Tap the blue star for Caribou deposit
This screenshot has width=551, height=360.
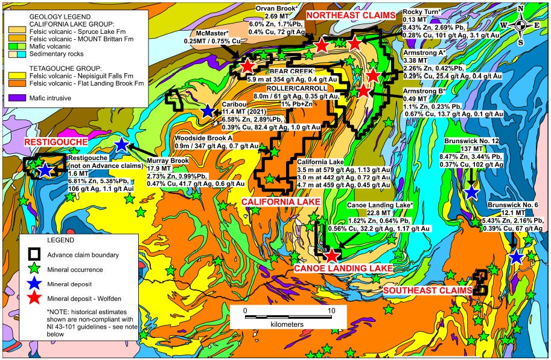click(x=208, y=111)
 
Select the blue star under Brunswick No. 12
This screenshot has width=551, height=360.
click(x=471, y=192)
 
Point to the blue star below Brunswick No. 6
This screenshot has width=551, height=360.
click(x=515, y=257)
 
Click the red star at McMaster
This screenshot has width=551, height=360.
click(x=247, y=66)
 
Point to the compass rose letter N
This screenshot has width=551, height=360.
click(x=521, y=7)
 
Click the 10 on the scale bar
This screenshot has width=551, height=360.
click(x=331, y=310)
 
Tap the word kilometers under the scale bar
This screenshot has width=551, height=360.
click(x=287, y=324)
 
